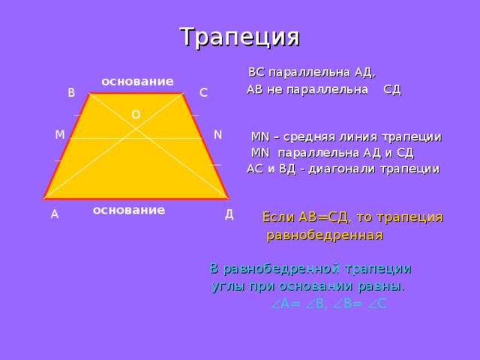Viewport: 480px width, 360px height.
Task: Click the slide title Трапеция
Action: (239, 35)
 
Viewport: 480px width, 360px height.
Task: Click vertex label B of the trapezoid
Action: (71, 93)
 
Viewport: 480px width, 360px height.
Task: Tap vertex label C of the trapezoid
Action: (203, 93)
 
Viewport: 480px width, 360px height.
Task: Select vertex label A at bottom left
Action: (54, 214)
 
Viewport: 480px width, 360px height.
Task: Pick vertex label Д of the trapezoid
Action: (229, 214)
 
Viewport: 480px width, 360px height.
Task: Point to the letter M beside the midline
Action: (59, 135)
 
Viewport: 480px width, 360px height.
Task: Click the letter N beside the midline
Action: (217, 135)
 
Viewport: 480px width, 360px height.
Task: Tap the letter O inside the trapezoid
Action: (135, 114)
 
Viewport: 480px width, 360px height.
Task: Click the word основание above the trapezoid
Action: (137, 81)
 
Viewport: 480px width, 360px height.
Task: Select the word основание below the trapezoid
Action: (128, 210)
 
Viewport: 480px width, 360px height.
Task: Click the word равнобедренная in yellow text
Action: (325, 235)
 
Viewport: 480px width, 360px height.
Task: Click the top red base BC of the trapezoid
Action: (136, 94)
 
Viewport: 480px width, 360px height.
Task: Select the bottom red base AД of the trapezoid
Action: (136, 199)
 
